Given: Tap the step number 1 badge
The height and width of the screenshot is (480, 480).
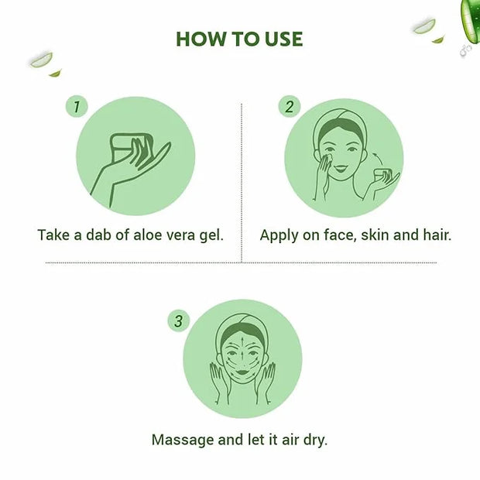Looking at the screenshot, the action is (77, 107).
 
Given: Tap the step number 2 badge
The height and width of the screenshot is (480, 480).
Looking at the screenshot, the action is (289, 107).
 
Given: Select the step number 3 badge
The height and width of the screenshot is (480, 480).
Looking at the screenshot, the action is (179, 321).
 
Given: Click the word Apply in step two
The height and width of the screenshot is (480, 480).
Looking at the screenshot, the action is (279, 235).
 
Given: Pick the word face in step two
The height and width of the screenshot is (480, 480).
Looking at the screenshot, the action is (340, 235).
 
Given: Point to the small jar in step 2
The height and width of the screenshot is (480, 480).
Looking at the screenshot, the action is (382, 176).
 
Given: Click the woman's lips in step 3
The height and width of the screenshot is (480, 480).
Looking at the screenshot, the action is (242, 372).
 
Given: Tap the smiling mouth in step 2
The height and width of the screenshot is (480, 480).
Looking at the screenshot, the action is (341, 168).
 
